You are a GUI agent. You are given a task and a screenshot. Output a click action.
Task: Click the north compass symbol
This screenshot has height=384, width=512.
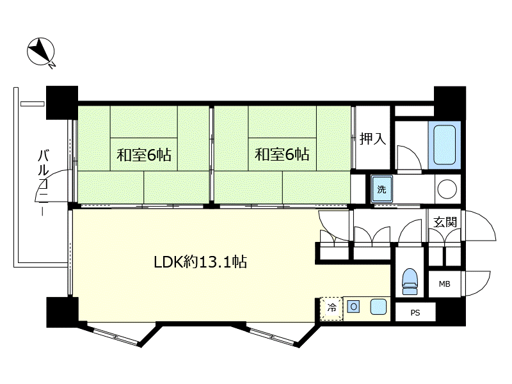pyautogui.click(x=40, y=51)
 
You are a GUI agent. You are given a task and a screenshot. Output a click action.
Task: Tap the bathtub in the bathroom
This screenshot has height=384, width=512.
pyautogui.click(x=444, y=145)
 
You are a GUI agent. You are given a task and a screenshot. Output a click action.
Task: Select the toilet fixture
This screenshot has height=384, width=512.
pyautogui.click(x=410, y=282)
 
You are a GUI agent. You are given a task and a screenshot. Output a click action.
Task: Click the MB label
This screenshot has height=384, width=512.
pyautogui.click(x=444, y=284)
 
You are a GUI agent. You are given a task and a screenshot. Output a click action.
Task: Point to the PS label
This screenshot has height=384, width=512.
pyautogui.click(x=415, y=313)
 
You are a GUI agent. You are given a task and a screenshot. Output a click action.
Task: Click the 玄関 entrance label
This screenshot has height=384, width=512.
pyautogui.click(x=445, y=222)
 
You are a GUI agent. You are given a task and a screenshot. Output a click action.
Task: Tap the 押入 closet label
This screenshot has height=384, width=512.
pyautogui.click(x=372, y=138)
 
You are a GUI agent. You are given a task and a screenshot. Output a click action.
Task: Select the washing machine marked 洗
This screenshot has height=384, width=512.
pyautogui.click(x=381, y=189)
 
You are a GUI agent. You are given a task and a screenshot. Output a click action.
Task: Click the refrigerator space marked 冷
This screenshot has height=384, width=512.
pyautogui.click(x=332, y=308)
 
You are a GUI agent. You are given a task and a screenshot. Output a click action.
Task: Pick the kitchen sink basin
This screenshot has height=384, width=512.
pyautogui.click(x=378, y=307)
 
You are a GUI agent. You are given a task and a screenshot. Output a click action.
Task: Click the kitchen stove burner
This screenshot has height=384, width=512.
pyautogui.click(x=354, y=307)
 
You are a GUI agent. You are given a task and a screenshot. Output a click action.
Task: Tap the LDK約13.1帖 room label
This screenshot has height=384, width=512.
pyautogui.click(x=200, y=262)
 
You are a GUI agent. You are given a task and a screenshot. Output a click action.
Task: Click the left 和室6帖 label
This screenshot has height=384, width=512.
pyautogui.click(x=144, y=154)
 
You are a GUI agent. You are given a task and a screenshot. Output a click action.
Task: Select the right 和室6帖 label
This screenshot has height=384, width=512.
pyautogui.click(x=282, y=154)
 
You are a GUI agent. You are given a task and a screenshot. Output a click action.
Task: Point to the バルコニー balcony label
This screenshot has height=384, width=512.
pyautogui.click(x=43, y=182)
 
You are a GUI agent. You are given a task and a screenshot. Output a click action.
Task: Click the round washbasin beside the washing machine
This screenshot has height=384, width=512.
pyautogui.click(x=447, y=189)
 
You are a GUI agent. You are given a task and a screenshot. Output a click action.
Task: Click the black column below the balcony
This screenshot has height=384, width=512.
pyautogui.click(x=62, y=312)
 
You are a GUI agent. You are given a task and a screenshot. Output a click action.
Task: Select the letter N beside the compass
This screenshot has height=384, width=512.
pyautogui.click(x=52, y=66)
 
